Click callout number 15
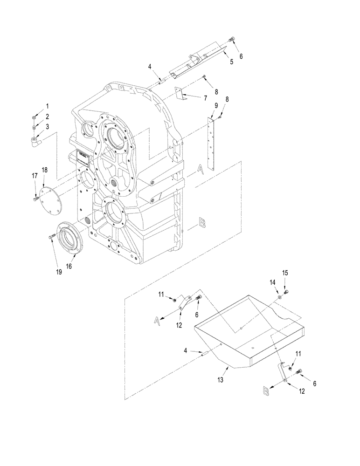286,272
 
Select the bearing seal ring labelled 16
69,235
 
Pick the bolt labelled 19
52,238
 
